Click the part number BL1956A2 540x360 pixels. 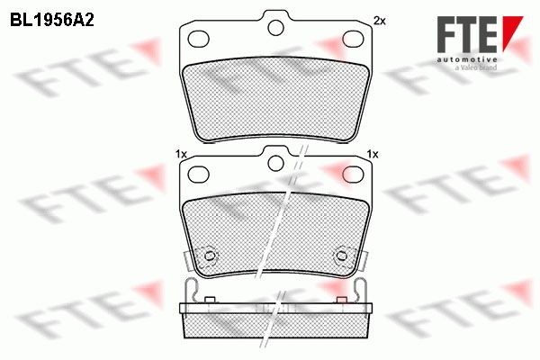click(52, 21)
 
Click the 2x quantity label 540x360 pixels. click(380, 22)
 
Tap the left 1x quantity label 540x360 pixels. click(181, 154)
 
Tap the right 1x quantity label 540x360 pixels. click(373, 154)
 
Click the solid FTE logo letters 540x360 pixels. click(467, 35)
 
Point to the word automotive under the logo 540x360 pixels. click(467, 60)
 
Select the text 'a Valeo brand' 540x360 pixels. click(476, 67)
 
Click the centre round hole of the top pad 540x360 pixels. click(275, 28)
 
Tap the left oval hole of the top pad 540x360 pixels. click(199, 39)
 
